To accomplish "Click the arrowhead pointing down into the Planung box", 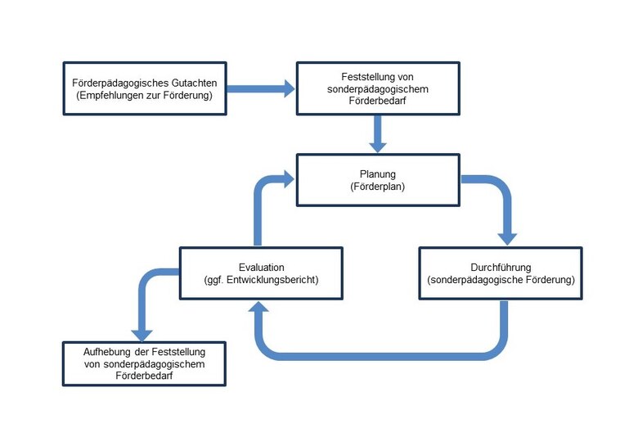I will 377,145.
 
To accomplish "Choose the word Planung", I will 377,173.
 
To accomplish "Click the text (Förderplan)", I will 377,187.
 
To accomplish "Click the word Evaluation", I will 261,267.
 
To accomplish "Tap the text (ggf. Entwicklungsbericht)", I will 261,280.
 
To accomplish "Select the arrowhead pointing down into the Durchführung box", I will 508,237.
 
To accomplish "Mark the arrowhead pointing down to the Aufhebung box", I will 142,333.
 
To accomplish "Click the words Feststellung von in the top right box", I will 377,75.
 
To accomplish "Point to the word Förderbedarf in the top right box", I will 377,101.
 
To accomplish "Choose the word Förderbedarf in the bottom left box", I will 144,376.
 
